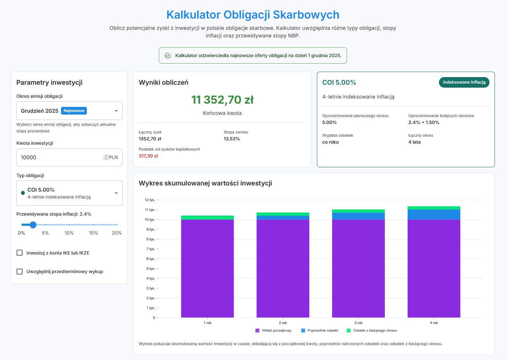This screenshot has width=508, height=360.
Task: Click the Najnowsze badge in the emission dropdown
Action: (x=74, y=111)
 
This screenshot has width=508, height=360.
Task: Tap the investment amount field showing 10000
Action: (x=60, y=157)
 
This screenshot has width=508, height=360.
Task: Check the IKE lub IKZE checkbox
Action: (x=20, y=253)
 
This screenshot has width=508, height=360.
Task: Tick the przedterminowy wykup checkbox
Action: (x=20, y=272)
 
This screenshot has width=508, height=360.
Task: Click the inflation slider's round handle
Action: (x=33, y=225)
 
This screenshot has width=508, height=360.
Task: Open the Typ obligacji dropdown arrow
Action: (x=116, y=193)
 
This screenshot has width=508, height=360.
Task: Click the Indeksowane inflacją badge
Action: (x=464, y=83)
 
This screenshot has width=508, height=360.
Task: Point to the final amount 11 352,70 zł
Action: (x=222, y=100)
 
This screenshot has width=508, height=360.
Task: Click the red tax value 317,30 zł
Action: (x=148, y=156)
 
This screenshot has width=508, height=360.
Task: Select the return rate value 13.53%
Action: (x=232, y=139)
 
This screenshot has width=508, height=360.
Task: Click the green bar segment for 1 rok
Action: (x=207, y=217)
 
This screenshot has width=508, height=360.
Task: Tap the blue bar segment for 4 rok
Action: (x=434, y=215)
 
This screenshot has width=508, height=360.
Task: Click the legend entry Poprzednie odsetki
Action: (x=320, y=331)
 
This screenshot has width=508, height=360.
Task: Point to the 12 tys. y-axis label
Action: (x=150, y=200)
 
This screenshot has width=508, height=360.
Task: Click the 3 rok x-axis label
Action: (x=358, y=323)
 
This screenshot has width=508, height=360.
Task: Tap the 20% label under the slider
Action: (x=117, y=233)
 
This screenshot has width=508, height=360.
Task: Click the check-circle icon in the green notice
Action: (x=168, y=56)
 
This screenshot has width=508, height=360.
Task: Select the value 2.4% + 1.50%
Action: (x=424, y=123)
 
